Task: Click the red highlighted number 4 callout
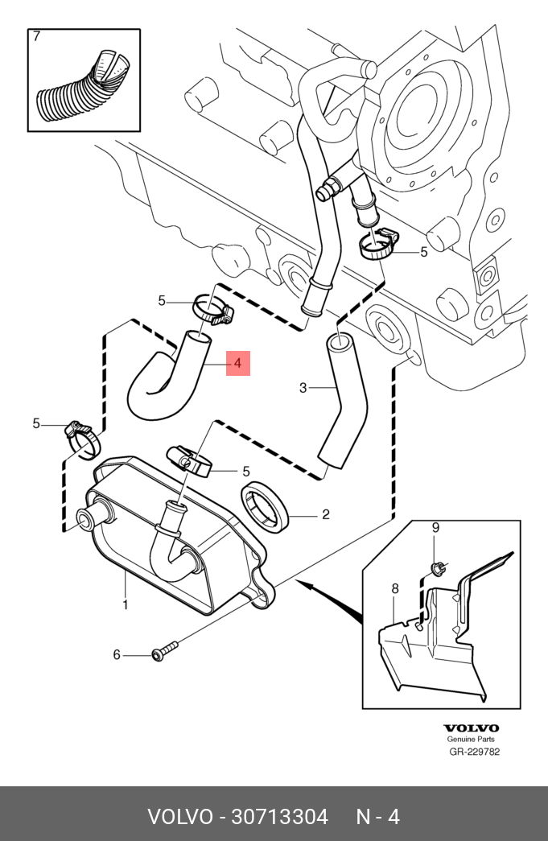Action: click(x=238, y=364)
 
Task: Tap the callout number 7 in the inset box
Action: click(x=35, y=37)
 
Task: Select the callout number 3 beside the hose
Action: click(x=303, y=389)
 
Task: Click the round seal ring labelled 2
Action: click(x=265, y=508)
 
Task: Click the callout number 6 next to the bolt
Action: click(x=116, y=655)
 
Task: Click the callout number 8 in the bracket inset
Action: click(x=395, y=589)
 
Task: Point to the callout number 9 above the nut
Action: click(x=435, y=528)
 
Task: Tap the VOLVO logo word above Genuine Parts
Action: click(x=472, y=728)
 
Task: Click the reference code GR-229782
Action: click(x=474, y=752)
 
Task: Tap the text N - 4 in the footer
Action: click(x=377, y=817)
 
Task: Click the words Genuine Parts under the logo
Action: click(x=472, y=740)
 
